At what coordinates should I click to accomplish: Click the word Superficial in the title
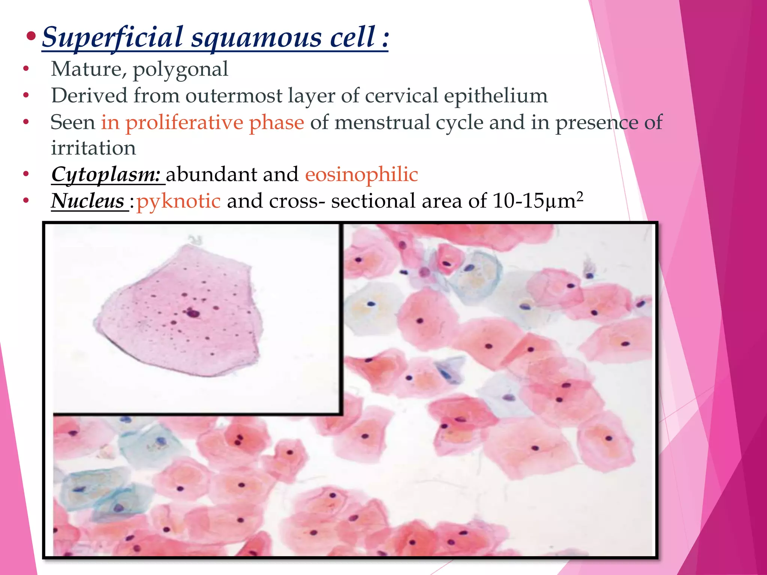(112, 37)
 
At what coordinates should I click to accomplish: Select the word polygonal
(180, 70)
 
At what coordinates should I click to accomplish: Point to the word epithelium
(495, 96)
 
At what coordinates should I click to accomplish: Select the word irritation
(93, 148)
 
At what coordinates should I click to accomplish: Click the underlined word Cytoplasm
(106, 175)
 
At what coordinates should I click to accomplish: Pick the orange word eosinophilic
(361, 175)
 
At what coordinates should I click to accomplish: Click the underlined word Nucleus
(88, 201)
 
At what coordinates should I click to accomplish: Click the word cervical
(401, 95)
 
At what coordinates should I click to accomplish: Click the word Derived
(89, 95)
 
